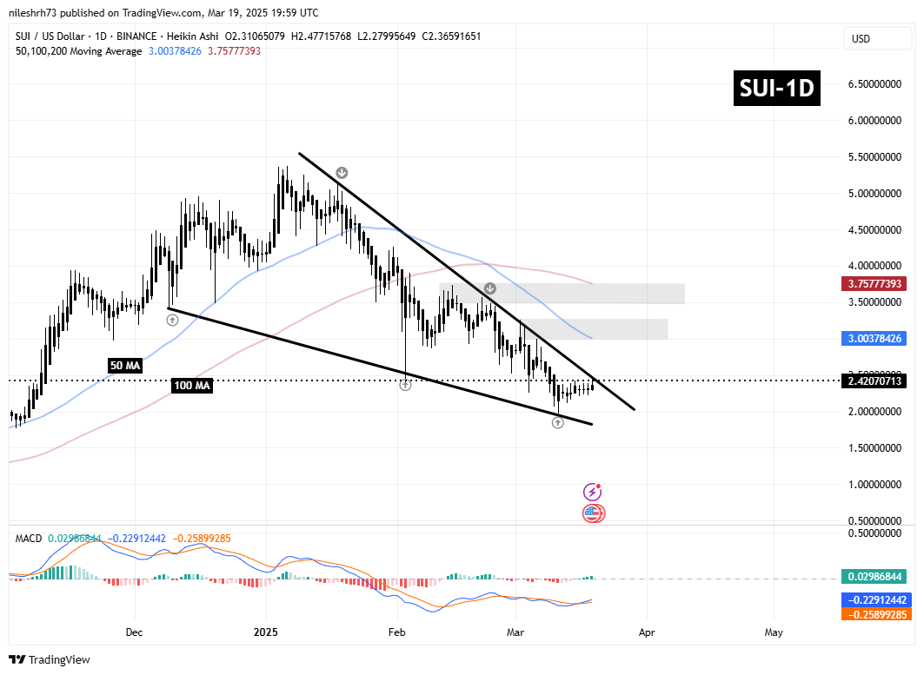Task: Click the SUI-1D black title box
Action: click(x=777, y=89)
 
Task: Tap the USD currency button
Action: click(x=861, y=39)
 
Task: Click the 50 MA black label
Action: click(x=125, y=366)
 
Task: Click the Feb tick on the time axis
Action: click(x=396, y=632)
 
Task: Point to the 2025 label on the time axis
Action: click(x=266, y=632)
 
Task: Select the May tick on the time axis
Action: click(x=774, y=632)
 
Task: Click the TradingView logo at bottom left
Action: click(x=50, y=659)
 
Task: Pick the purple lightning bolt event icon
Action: click(x=593, y=492)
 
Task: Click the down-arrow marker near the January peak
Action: click(x=342, y=173)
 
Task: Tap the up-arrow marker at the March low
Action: click(x=558, y=422)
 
